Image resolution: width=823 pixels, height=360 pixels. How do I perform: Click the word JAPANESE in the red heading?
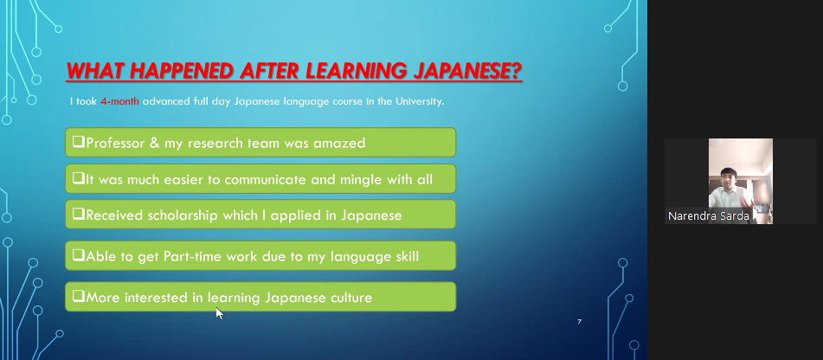click(x=467, y=71)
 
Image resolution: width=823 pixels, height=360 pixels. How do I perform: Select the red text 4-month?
click(x=119, y=101)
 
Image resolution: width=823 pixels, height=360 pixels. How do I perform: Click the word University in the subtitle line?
click(x=417, y=101)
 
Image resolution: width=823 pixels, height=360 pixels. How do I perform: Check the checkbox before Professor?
click(x=79, y=142)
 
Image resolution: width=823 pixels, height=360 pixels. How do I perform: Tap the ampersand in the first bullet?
click(x=154, y=143)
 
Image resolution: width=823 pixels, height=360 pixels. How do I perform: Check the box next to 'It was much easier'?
click(x=79, y=178)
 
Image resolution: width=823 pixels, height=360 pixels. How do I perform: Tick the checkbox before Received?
click(x=79, y=214)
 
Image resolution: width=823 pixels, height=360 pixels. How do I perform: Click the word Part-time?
click(x=193, y=257)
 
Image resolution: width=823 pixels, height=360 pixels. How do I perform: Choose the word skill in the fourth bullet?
click(x=405, y=257)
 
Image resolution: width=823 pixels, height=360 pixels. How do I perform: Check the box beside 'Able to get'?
click(x=79, y=255)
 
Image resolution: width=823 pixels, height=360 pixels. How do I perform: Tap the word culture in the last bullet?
click(x=351, y=298)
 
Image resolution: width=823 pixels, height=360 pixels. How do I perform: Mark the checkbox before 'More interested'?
click(x=79, y=297)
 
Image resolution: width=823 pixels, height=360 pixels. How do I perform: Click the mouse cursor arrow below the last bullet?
click(x=219, y=312)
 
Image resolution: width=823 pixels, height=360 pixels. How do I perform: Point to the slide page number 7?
click(x=580, y=321)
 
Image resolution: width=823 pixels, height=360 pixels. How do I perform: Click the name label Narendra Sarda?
click(x=708, y=216)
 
